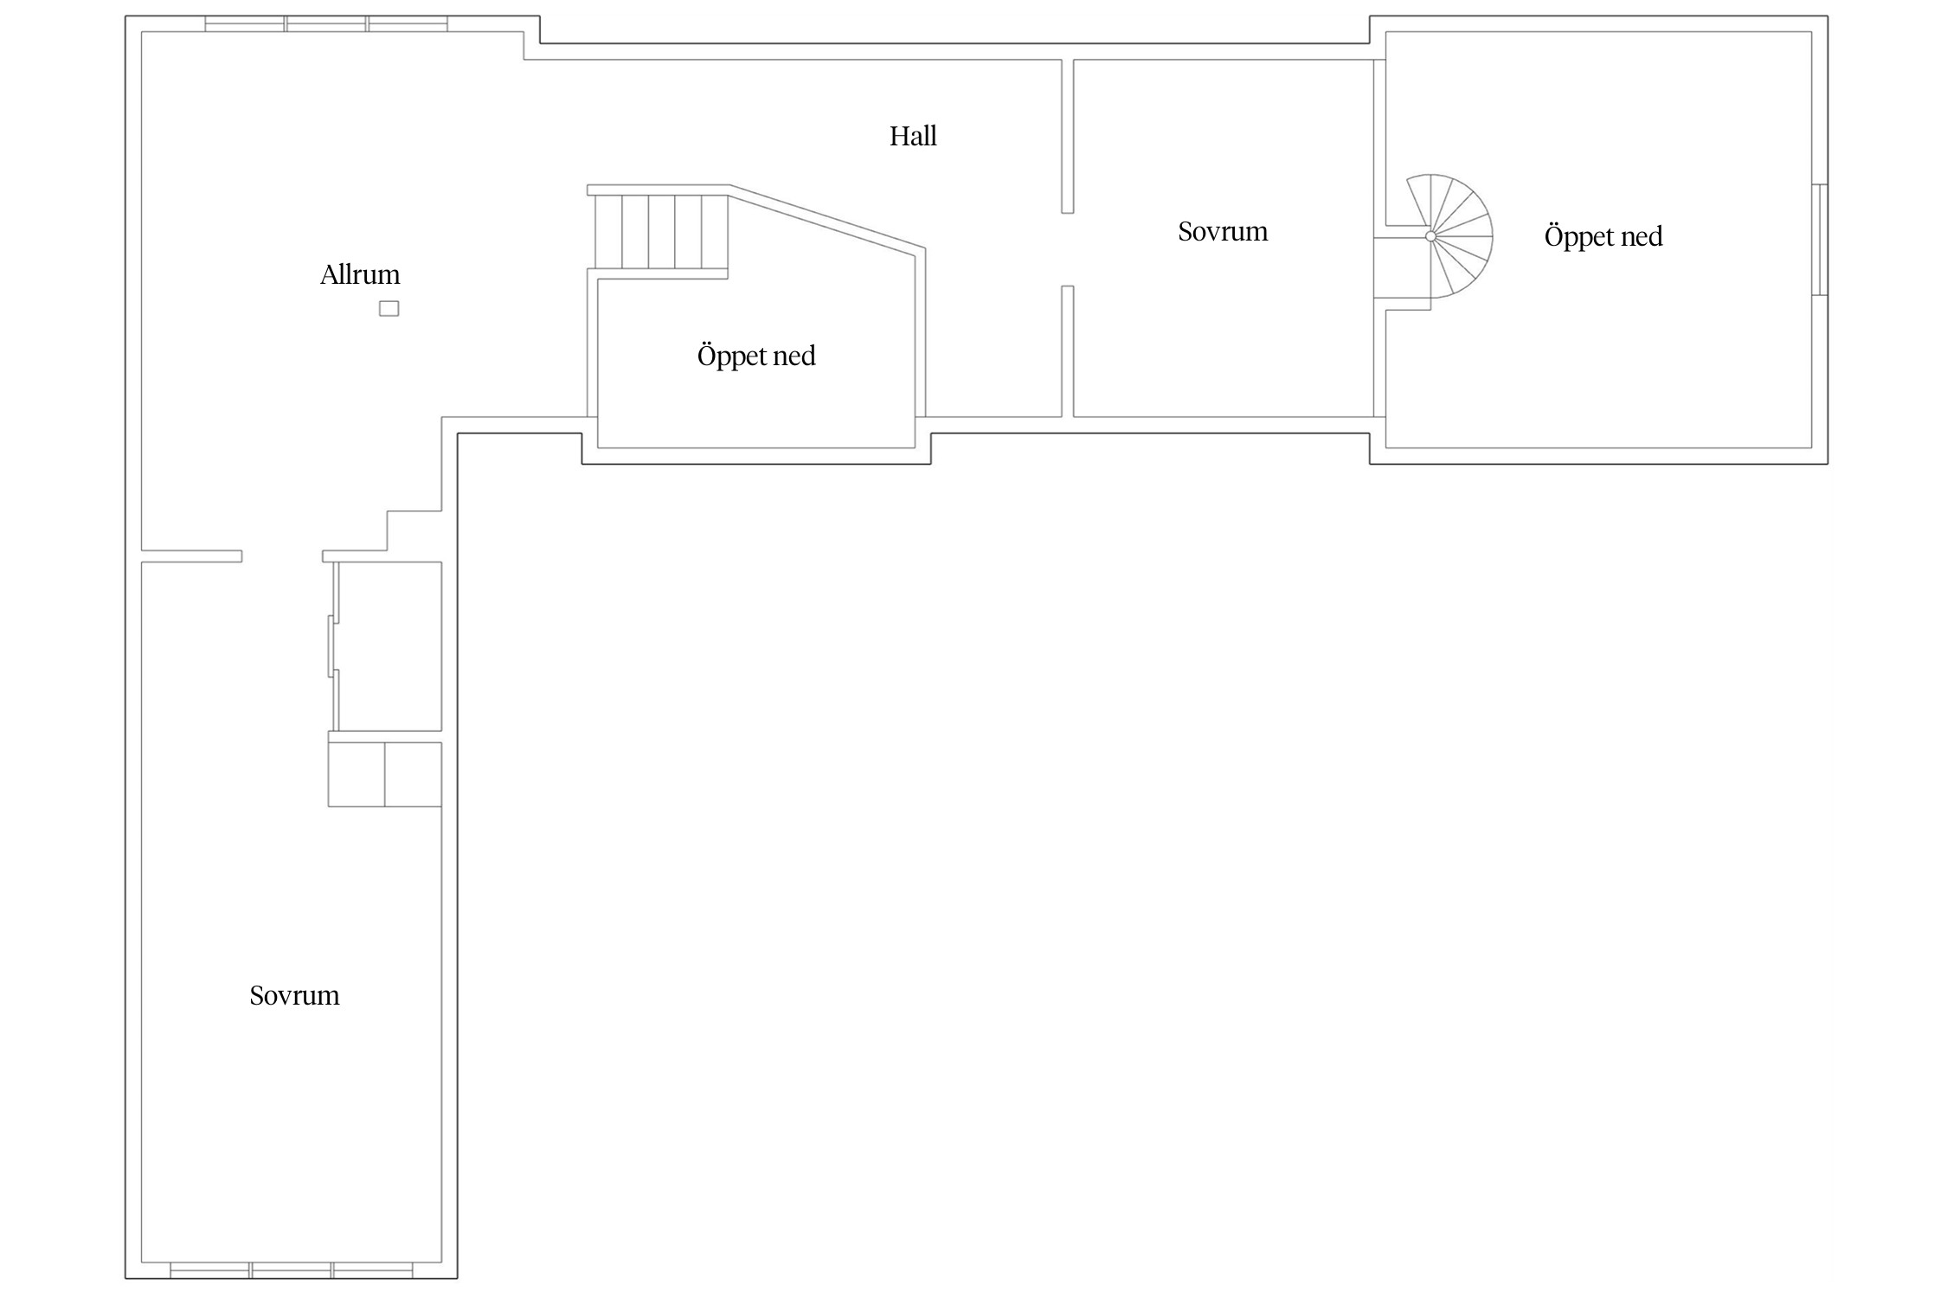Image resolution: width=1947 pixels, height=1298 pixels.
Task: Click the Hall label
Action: pos(913,136)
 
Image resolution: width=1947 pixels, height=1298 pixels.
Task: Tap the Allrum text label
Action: pos(360,274)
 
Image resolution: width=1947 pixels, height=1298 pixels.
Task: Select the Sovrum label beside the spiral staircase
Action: pos(1223,231)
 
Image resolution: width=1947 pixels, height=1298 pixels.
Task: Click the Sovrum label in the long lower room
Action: pos(294,995)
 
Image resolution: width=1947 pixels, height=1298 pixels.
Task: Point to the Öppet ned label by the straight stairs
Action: pos(756,356)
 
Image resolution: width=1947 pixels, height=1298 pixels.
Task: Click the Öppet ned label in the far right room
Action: pos(1603,236)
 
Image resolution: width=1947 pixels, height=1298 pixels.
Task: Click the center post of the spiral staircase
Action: pos(1430,236)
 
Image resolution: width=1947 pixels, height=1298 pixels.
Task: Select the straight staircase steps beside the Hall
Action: pos(661,232)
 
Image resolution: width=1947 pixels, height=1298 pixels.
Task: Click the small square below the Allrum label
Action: pos(389,309)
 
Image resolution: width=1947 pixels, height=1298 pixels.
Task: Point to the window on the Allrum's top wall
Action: pos(326,23)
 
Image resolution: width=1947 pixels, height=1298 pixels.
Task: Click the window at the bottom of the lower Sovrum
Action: pos(292,1270)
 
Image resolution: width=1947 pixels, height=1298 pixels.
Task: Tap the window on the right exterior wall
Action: pos(1820,240)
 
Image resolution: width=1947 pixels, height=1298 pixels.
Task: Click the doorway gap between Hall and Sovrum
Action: pos(1068,249)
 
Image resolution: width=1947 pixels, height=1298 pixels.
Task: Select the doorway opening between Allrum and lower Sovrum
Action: pos(282,556)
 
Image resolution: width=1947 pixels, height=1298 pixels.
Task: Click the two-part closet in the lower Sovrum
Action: pos(385,774)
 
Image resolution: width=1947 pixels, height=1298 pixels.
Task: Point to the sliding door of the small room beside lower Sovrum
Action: pos(331,646)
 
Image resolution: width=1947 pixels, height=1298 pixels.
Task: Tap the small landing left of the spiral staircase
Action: pos(1402,267)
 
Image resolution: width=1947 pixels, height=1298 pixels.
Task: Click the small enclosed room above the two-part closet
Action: pos(389,646)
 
